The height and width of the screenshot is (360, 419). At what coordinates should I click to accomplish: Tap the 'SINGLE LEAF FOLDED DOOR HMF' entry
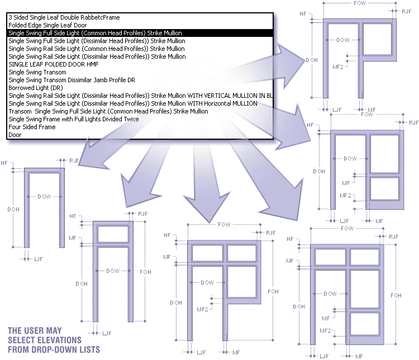coord(46,64)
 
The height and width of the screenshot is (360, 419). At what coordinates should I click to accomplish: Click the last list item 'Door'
coord(15,135)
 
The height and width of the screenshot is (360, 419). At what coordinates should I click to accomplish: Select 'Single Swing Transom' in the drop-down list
coord(37,72)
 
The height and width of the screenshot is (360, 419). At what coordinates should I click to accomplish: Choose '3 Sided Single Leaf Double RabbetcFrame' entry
coord(64,17)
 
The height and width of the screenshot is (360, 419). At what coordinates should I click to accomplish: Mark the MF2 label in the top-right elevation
coord(337,67)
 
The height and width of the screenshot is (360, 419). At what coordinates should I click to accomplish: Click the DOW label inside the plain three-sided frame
coord(44,197)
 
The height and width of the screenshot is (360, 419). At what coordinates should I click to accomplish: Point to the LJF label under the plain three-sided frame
coord(38,259)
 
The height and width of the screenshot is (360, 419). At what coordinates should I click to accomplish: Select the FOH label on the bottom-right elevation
coord(396,295)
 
